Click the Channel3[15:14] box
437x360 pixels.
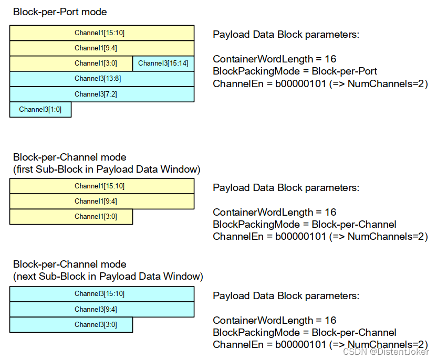tap(163, 63)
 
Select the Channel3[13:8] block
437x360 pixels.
tap(102, 79)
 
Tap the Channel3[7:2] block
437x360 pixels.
tap(102, 94)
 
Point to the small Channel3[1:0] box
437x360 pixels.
tap(40, 109)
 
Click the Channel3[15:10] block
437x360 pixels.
tap(102, 294)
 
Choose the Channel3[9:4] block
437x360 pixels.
tap(102, 309)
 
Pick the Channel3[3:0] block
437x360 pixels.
tap(71, 324)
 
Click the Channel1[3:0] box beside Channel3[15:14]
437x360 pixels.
tap(71, 63)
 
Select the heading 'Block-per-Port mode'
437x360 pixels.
tap(60, 12)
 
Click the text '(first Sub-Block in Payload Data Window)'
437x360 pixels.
tap(107, 169)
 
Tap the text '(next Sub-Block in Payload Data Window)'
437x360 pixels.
tap(108, 276)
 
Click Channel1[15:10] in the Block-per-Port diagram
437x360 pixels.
tap(102, 33)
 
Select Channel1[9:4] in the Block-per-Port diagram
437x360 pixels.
tap(102, 48)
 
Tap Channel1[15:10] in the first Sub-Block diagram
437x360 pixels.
tap(102, 186)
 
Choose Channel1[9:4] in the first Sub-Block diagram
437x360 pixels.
tap(102, 201)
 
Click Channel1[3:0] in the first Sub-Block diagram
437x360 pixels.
tap(71, 216)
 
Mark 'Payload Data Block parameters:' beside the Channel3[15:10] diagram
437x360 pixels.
tap(286, 295)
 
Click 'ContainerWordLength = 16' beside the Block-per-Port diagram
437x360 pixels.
tap(274, 59)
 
